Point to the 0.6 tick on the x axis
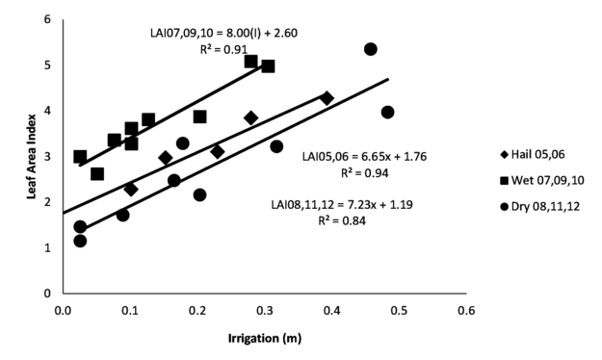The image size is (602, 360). (x=466, y=310)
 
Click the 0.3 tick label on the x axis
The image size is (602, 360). (x=265, y=310)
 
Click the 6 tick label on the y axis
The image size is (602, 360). (x=47, y=20)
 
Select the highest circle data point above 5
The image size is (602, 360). (x=371, y=49)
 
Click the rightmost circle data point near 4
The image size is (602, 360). (x=387, y=113)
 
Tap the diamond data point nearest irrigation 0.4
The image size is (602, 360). (x=327, y=98)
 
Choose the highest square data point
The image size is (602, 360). (x=250, y=62)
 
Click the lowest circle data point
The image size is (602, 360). (x=80, y=241)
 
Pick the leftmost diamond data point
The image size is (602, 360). (x=131, y=190)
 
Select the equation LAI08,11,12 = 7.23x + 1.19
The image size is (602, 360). (x=332, y=205)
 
